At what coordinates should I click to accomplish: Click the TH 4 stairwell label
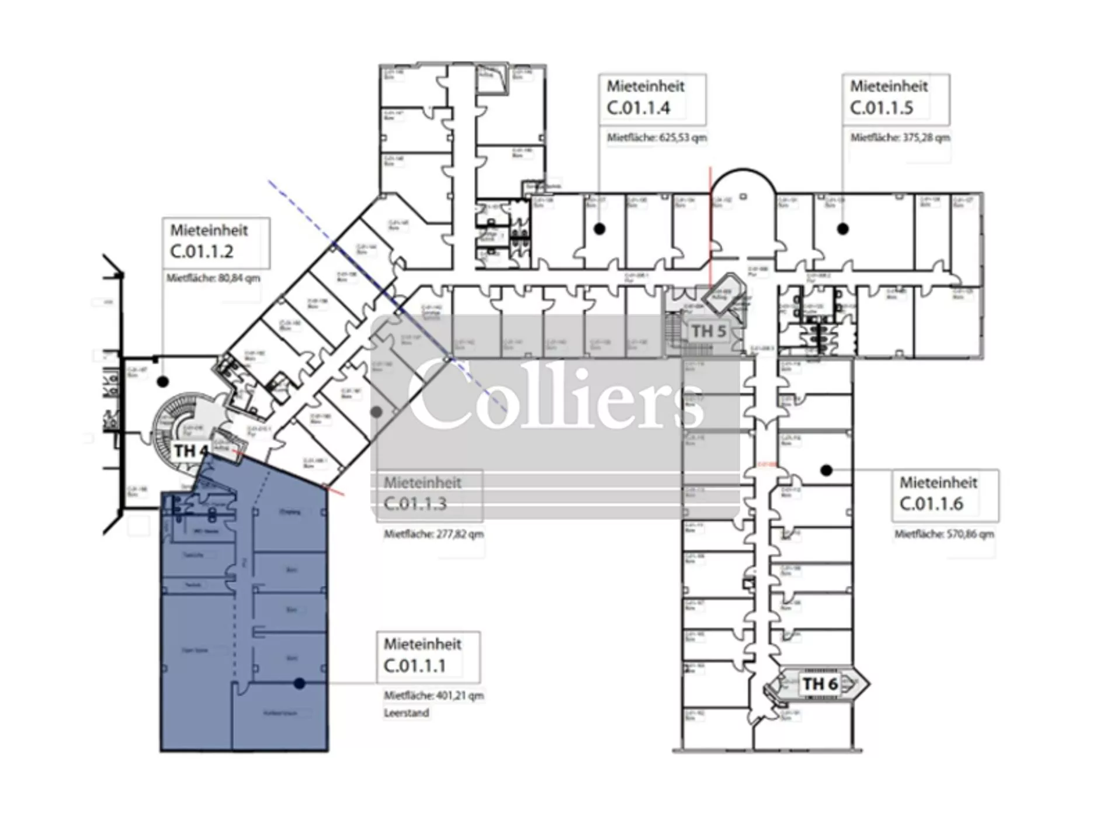pos(190,451)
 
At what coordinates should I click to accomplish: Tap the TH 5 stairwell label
pos(708,331)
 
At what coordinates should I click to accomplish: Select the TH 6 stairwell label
pos(820,683)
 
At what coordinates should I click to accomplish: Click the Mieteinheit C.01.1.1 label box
pos(428,656)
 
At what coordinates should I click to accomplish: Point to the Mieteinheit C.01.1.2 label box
pos(216,242)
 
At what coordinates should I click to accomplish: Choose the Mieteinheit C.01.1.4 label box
pos(652,98)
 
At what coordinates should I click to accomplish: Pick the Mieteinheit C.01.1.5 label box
pos(895,98)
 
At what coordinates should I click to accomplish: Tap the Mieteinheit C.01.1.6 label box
pos(944,494)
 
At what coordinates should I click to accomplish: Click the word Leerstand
pos(406,713)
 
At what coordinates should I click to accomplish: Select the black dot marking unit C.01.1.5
pos(842,229)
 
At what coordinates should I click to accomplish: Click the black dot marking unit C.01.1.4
pos(599,229)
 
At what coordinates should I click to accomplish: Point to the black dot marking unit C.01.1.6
pos(826,470)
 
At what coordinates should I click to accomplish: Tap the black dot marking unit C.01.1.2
pos(163,382)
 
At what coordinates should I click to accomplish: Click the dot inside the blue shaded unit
pos(300,683)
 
